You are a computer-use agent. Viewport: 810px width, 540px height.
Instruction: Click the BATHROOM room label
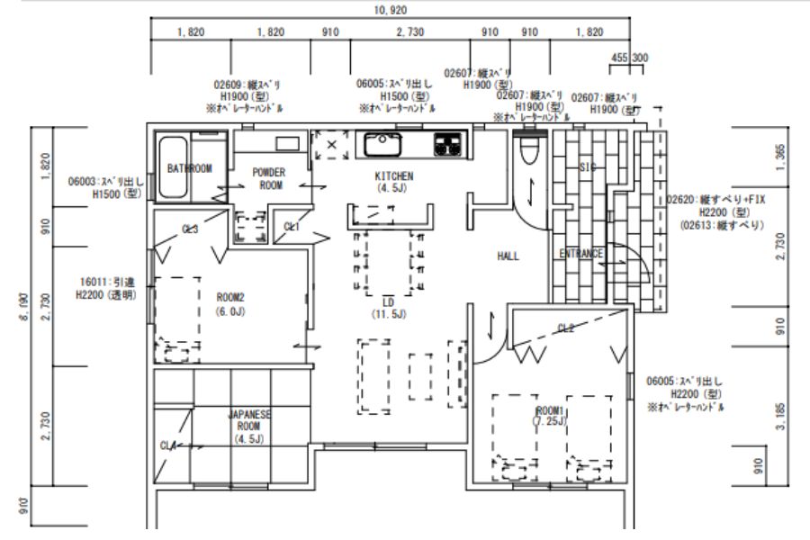[189, 168]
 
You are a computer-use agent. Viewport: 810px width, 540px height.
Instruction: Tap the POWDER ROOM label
[268, 178]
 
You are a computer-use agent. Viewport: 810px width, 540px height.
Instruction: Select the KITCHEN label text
[393, 176]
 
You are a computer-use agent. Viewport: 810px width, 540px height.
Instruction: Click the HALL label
[508, 256]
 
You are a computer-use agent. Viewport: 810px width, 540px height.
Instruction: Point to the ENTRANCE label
[581, 254]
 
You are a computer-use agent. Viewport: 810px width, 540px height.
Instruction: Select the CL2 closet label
[566, 328]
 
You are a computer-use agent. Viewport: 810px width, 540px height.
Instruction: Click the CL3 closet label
[190, 229]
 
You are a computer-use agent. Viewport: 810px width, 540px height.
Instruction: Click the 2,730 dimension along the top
[409, 32]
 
